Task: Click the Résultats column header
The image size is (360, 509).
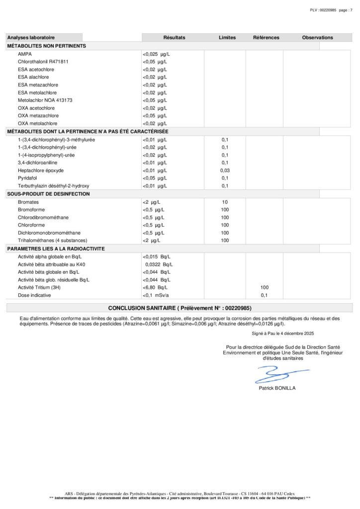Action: (x=174, y=38)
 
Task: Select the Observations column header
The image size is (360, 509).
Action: (x=317, y=38)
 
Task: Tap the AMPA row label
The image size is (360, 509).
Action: (x=25, y=54)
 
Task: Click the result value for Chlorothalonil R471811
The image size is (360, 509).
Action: (x=155, y=62)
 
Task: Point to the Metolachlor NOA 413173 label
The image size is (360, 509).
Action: (x=45, y=100)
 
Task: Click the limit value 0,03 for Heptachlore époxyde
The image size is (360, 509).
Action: (x=225, y=170)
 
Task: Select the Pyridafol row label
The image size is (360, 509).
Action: (x=27, y=178)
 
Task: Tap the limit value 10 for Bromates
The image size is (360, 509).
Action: (x=225, y=202)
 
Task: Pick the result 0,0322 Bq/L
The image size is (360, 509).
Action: (x=158, y=264)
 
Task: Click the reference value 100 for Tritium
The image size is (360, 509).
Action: (x=265, y=287)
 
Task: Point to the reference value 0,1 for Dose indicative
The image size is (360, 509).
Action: (x=265, y=295)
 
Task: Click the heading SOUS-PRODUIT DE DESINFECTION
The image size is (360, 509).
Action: (x=48, y=194)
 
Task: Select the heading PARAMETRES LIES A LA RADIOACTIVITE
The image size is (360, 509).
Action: (x=56, y=249)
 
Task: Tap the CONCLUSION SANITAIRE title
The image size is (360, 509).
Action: (x=180, y=308)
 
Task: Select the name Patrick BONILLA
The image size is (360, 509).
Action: (x=277, y=388)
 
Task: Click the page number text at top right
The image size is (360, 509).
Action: (x=331, y=10)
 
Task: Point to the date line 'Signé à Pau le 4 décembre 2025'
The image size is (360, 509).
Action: (x=283, y=333)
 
